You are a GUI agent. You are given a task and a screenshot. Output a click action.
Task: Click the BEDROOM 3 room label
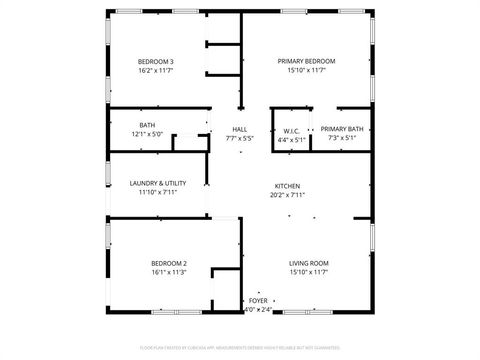click(x=156, y=61)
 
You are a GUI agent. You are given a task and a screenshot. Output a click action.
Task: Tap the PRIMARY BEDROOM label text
click(x=306, y=61)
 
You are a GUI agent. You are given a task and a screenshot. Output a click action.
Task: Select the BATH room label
click(x=147, y=125)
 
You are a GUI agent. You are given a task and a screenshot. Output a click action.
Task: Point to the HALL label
click(x=240, y=129)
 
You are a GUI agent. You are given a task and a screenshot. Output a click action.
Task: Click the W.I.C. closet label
click(x=291, y=130)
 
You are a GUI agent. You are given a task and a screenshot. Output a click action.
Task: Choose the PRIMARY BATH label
click(x=342, y=129)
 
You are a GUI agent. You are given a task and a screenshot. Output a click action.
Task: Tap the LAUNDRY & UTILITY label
click(x=158, y=183)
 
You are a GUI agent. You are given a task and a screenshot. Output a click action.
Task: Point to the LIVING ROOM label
click(x=309, y=263)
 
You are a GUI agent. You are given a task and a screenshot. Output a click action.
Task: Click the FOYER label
click(x=258, y=300)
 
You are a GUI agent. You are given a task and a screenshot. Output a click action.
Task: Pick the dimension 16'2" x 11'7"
click(x=156, y=71)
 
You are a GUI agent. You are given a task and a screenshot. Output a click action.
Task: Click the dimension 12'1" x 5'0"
click(x=147, y=135)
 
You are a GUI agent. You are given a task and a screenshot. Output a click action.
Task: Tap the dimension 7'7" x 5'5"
click(x=240, y=139)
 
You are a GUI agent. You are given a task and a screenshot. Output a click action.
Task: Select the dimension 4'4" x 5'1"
click(x=291, y=140)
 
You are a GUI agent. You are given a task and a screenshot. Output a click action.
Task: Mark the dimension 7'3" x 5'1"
click(x=342, y=139)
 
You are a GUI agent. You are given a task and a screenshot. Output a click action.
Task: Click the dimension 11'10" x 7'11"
click(x=158, y=193)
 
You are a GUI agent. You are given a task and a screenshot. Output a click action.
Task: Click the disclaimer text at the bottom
click(x=240, y=347)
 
